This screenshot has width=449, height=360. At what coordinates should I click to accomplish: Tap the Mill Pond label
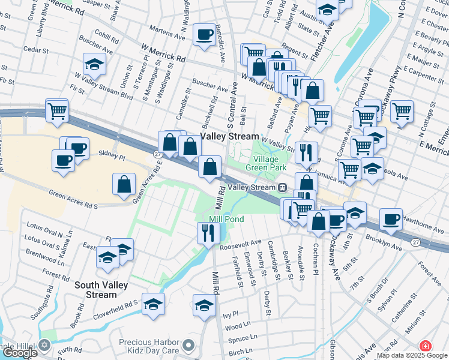click(x=226, y=220)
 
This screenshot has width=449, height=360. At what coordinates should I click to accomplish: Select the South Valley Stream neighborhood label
click(x=96, y=290)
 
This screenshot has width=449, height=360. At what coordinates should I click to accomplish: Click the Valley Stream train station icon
click(x=281, y=187)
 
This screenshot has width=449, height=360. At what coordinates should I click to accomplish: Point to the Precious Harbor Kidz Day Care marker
click(x=189, y=345)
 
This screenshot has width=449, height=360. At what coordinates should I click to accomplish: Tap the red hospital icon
click(x=425, y=346)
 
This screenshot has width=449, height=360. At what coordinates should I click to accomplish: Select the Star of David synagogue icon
click(x=44, y=345)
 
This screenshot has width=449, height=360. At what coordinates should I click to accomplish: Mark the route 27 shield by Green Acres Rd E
click(x=157, y=154)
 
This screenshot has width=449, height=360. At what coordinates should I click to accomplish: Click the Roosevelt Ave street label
click(x=241, y=242)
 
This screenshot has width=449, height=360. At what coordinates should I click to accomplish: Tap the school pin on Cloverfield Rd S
click(x=154, y=305)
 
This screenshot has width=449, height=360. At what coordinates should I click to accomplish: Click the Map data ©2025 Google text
click(x=412, y=355)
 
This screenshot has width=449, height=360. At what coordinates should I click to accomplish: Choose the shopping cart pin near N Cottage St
click(x=402, y=110)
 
